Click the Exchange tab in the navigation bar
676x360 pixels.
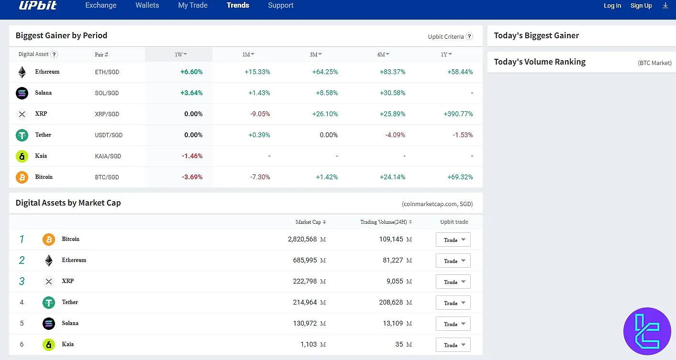pyautogui.click(x=100, y=5)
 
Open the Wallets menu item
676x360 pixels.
pyautogui.click(x=147, y=5)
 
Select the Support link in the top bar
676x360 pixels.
pyautogui.click(x=280, y=5)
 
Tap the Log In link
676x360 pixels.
pyautogui.click(x=612, y=6)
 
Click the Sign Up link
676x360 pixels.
pyautogui.click(x=641, y=6)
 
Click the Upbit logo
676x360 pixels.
pyautogui.click(x=38, y=5)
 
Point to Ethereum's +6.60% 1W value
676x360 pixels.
pyautogui.click(x=191, y=72)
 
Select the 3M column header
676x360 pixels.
pyautogui.click(x=315, y=55)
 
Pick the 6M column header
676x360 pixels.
pyautogui.click(x=383, y=55)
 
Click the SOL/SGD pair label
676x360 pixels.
pyautogui.click(x=107, y=93)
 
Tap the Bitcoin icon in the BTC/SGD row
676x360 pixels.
pyautogui.click(x=22, y=177)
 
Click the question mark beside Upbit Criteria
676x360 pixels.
pyautogui.click(x=469, y=36)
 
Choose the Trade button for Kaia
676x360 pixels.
pyautogui.click(x=453, y=345)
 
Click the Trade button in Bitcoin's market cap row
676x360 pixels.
pyautogui.click(x=453, y=240)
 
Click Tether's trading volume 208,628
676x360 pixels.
pyautogui.click(x=391, y=302)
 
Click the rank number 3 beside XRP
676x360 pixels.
pyautogui.click(x=22, y=281)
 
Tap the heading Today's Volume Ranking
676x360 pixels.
pyautogui.click(x=540, y=62)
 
